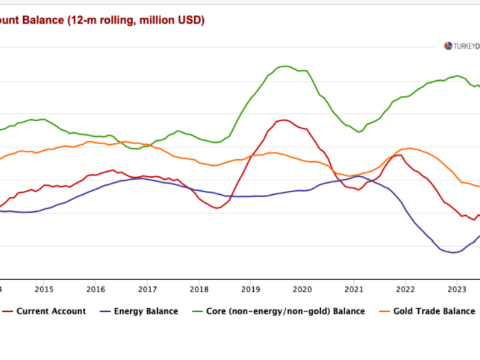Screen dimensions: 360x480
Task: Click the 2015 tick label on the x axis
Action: (44, 288)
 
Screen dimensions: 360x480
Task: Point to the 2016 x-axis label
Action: (95, 288)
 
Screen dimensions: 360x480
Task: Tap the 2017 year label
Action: (147, 288)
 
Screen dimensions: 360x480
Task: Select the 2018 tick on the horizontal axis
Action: (199, 288)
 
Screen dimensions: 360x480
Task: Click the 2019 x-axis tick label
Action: (251, 288)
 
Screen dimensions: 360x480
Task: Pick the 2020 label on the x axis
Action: (302, 288)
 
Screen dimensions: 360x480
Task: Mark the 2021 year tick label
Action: (354, 288)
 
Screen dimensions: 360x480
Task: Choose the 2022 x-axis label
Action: (405, 288)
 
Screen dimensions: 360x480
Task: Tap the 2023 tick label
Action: (457, 288)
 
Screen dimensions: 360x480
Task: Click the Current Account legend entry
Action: (51, 311)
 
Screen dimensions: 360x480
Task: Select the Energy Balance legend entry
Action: (145, 311)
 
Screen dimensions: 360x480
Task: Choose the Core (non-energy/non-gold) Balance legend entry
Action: (285, 311)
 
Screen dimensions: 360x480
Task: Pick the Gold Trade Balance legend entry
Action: (434, 311)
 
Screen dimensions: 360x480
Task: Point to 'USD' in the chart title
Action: (189, 20)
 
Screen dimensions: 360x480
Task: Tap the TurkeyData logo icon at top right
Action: (448, 46)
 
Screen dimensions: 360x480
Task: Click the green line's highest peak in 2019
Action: (283, 66)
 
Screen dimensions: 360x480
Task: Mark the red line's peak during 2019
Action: (283, 120)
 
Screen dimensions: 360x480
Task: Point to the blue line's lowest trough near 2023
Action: (452, 253)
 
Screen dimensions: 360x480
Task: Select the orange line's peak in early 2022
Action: (410, 148)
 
